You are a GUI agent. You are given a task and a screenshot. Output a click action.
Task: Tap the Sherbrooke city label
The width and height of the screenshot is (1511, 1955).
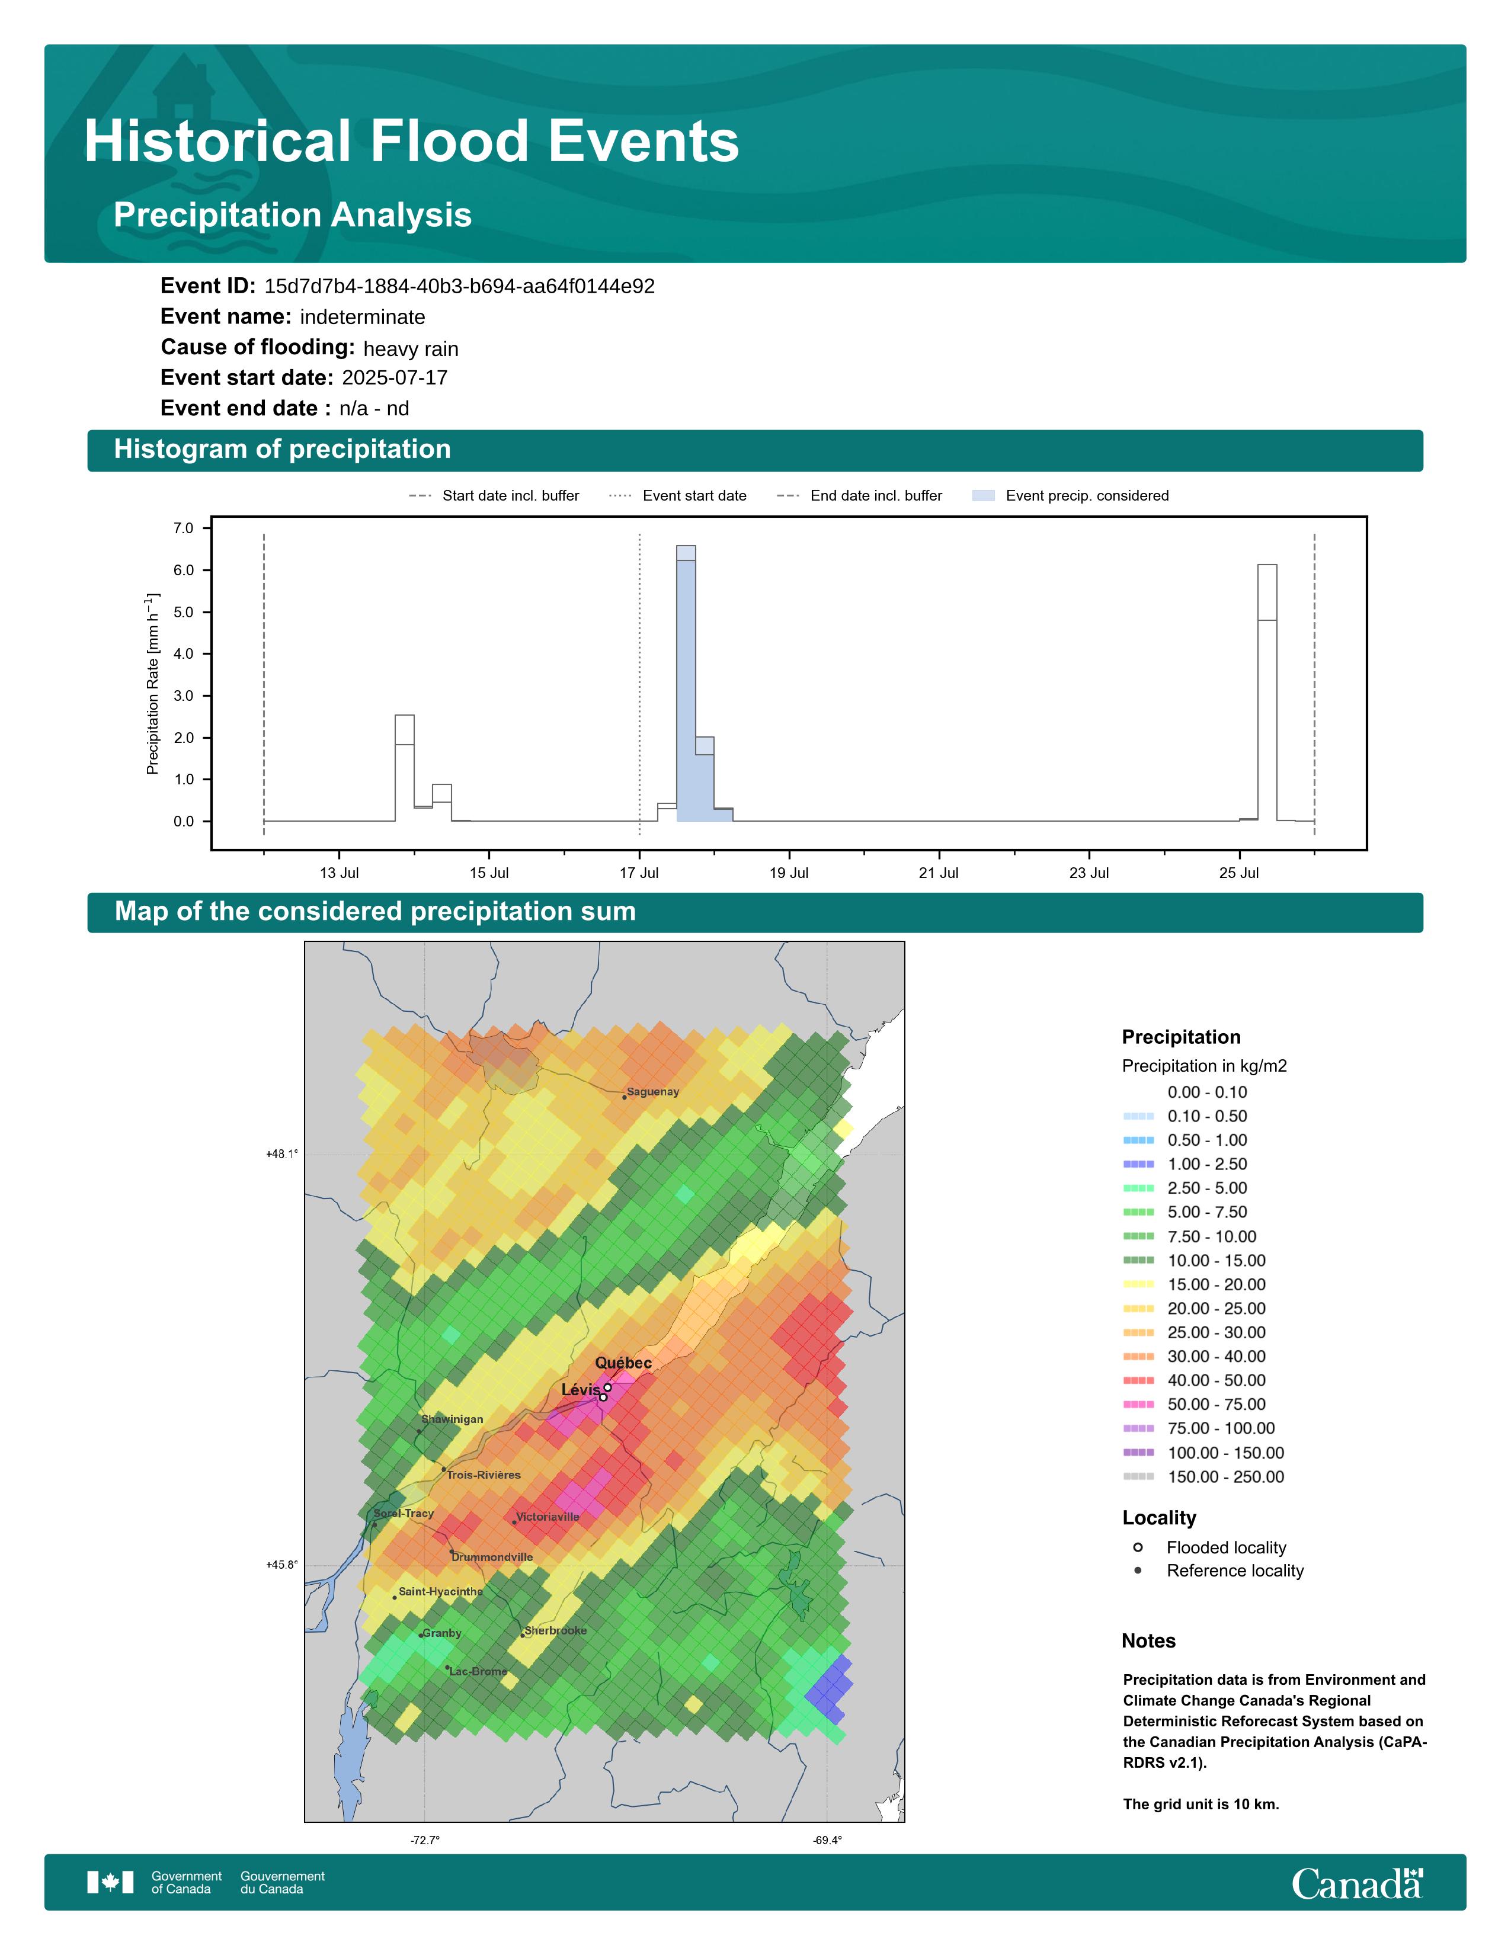[556, 1630]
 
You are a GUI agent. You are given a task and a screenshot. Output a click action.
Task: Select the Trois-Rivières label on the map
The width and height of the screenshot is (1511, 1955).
[484, 1475]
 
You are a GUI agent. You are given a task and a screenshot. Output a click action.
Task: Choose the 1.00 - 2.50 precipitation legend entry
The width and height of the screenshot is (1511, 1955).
[1206, 1164]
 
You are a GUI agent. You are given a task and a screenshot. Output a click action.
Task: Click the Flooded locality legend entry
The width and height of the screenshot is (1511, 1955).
[1225, 1547]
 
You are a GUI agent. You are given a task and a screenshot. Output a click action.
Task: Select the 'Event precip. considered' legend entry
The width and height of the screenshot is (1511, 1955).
[1087, 495]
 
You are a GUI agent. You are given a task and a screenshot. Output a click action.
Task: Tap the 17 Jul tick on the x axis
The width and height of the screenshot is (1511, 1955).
[639, 873]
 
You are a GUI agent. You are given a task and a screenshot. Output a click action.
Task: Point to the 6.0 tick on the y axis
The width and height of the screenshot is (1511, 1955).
[184, 570]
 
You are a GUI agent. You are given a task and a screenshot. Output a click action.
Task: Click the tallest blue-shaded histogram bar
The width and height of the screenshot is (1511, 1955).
[686, 689]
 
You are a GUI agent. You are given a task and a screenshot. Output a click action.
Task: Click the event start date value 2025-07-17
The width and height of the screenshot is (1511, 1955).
[395, 378]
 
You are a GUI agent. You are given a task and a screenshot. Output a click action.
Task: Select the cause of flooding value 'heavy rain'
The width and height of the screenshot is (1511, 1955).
[411, 348]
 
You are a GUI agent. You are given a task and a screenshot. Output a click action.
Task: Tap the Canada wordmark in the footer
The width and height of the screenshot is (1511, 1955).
[1356, 1883]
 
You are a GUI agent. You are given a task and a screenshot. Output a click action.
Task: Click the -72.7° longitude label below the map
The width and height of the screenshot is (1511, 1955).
[425, 1841]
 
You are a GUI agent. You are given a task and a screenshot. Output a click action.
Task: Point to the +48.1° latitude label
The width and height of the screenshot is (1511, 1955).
[282, 1154]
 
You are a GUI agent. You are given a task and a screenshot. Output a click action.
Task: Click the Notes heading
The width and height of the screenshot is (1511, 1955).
[1148, 1641]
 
